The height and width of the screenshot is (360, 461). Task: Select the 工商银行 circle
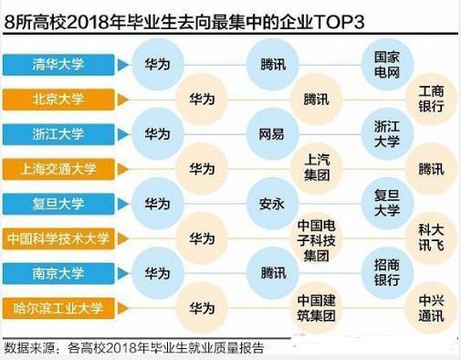[431, 99]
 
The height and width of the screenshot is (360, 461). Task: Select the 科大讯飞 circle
[431, 238]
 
